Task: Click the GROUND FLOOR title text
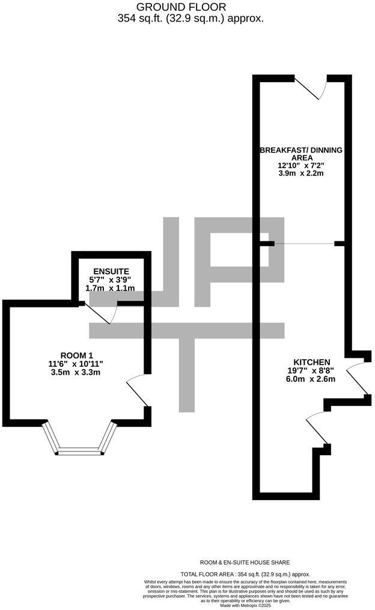(181, 7)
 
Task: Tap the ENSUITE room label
(111, 271)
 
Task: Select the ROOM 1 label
(77, 355)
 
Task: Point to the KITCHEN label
(311, 362)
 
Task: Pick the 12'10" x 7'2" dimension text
(301, 165)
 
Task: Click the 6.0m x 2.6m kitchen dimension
(311, 379)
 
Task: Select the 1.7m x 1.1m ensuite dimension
(110, 288)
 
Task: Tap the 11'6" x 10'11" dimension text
(76, 364)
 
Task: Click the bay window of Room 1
(79, 439)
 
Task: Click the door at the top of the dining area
(310, 87)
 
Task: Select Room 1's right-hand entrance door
(137, 390)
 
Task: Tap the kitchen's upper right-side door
(357, 378)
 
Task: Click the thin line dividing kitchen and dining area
(305, 244)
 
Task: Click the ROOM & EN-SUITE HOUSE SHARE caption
(245, 562)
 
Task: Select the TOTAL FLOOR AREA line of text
(245, 574)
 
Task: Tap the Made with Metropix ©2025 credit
(245, 606)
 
